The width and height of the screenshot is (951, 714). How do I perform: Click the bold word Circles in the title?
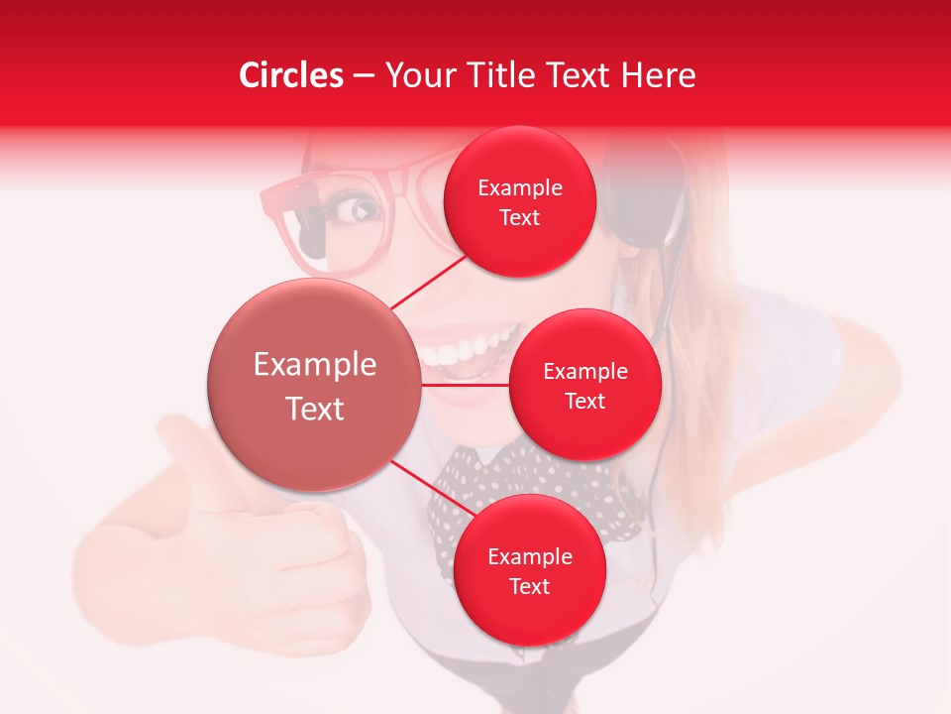coord(291,75)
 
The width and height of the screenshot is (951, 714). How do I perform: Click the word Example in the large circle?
coord(314,365)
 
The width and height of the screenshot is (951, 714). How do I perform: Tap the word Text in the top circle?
coord(520,217)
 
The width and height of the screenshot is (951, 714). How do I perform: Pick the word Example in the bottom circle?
coord(529,557)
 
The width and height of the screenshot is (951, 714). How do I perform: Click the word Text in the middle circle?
coord(585,401)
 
